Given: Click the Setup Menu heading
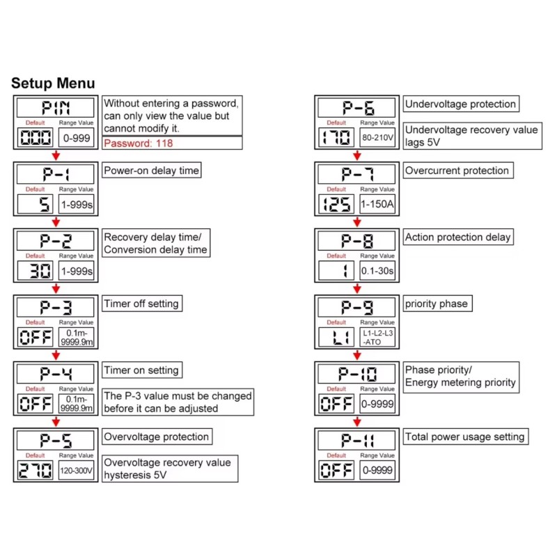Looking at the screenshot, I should pyautogui.click(x=53, y=84).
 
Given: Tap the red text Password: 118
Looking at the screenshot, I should pyautogui.click(x=138, y=143).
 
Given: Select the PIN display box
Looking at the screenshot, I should pyautogui.click(x=56, y=108).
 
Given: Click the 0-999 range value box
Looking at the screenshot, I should pyautogui.click(x=76, y=138).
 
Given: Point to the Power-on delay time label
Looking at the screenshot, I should pyautogui.click(x=151, y=171).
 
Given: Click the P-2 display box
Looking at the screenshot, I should pyautogui.click(x=56, y=241).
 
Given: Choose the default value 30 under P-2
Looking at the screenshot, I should pyautogui.click(x=36, y=271).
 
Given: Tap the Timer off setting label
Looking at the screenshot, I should pyautogui.click(x=141, y=304).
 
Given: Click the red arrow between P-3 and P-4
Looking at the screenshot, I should pyautogui.click(x=56, y=355).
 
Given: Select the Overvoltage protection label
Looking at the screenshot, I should pyautogui.click(x=156, y=437).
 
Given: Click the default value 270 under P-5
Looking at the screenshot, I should pyautogui.click(x=36, y=471).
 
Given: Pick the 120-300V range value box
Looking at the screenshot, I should pyautogui.click(x=76, y=471).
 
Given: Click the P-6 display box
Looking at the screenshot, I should pyautogui.click(x=357, y=108).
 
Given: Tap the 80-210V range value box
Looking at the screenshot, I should pyautogui.click(x=377, y=138).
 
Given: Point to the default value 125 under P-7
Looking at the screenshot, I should pyautogui.click(x=337, y=204).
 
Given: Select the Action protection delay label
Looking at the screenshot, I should pyautogui.click(x=457, y=237).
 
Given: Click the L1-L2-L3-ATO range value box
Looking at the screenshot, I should pyautogui.click(x=377, y=338).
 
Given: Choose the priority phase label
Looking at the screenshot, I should pyautogui.click(x=436, y=304).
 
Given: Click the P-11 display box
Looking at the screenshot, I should pyautogui.click(x=357, y=441).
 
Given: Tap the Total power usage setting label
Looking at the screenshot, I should pyautogui.click(x=464, y=437).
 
